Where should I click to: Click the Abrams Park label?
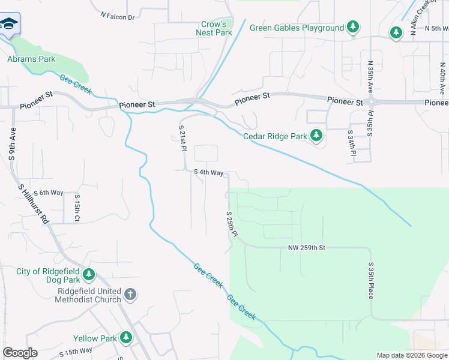31,59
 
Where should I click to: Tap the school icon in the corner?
8,25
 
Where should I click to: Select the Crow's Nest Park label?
214,28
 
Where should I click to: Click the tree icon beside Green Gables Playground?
354,28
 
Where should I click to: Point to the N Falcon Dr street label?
118,17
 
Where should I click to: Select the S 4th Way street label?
208,173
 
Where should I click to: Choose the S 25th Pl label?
232,224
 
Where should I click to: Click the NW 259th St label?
306,247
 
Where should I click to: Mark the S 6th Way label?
49,193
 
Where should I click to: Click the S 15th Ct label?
77,208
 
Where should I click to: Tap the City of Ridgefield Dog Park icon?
89,275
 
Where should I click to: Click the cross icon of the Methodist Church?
131,294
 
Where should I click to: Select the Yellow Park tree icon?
126,338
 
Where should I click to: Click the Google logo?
20,353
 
